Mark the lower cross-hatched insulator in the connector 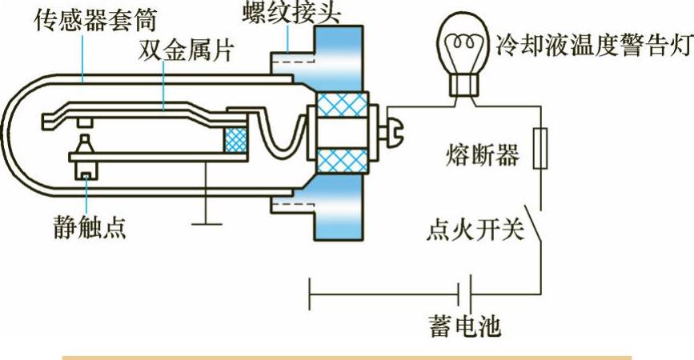coord(343,160)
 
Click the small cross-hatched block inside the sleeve coord(238,140)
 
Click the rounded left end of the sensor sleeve coord(19,133)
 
